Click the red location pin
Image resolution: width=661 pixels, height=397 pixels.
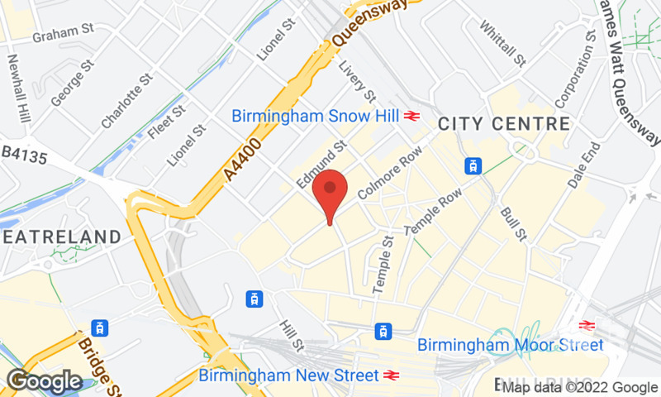330,191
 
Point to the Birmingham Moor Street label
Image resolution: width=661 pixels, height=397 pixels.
511,344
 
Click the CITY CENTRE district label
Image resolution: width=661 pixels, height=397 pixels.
503,124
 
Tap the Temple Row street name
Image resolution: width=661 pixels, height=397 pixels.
433,211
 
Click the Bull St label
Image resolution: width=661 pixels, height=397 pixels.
512,224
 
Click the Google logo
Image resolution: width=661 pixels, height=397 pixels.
44,381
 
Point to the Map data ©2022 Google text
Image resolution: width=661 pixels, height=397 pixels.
580,387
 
